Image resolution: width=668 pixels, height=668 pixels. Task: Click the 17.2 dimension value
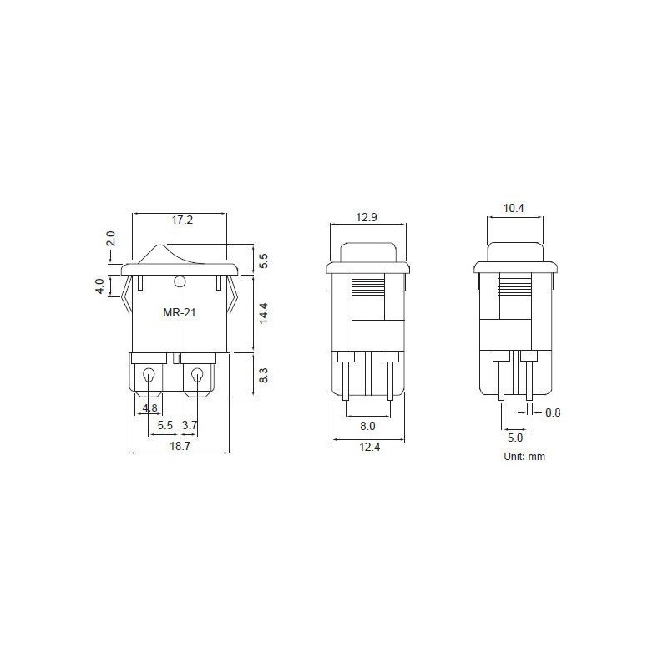[x=182, y=221]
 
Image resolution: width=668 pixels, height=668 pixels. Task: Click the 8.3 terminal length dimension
[x=263, y=375]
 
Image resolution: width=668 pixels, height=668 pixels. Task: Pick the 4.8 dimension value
[x=150, y=408]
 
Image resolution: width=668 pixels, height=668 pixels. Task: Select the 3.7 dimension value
[x=190, y=425]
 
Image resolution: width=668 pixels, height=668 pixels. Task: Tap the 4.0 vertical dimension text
[x=99, y=286]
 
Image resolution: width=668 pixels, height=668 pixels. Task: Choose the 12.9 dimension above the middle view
[x=367, y=217]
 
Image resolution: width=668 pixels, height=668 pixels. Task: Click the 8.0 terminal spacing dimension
[x=367, y=426]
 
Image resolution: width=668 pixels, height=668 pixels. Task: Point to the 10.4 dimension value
[x=514, y=209]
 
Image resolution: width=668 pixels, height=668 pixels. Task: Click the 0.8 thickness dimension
[x=553, y=412]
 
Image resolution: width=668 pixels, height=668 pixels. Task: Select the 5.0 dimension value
[x=514, y=437]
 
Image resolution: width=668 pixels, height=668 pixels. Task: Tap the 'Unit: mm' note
[x=524, y=457]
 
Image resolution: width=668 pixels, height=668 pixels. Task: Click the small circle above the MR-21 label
[x=180, y=281]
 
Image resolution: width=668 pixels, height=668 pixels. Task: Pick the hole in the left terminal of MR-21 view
[x=150, y=376]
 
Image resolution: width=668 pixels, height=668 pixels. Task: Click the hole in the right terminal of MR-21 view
[x=198, y=376]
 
